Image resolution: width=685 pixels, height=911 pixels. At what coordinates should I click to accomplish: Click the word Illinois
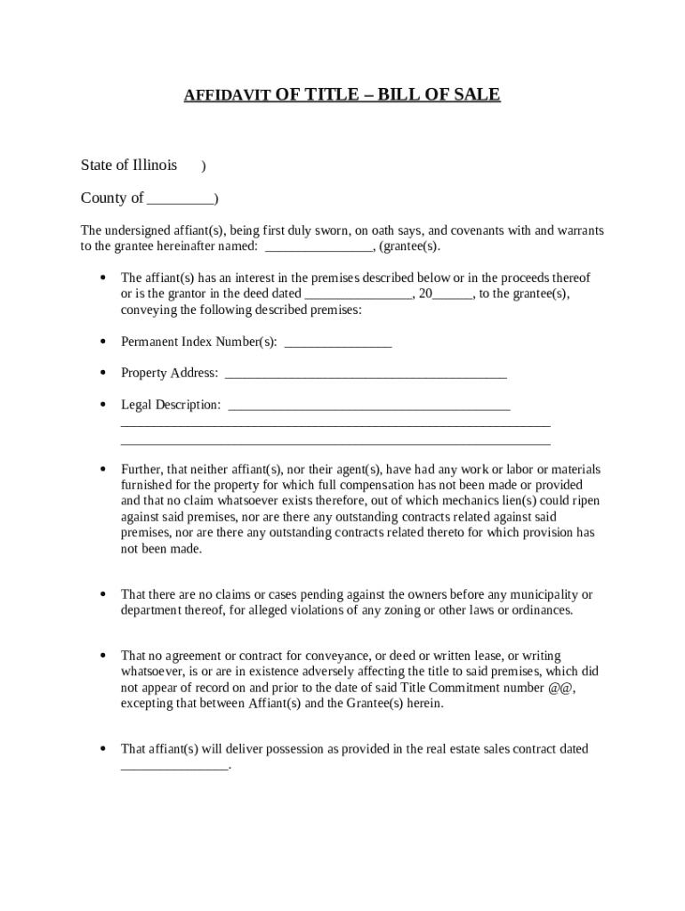tap(155, 165)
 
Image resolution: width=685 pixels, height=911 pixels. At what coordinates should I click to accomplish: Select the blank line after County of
tap(181, 199)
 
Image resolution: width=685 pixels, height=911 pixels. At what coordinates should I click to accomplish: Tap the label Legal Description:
tap(171, 405)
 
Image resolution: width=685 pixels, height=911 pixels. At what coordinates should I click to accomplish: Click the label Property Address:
tap(169, 373)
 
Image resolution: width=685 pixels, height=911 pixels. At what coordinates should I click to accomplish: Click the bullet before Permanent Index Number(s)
tap(102, 342)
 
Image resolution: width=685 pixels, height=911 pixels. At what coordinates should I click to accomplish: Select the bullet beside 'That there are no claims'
tap(102, 594)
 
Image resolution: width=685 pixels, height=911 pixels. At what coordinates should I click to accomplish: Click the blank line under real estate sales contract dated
tap(174, 766)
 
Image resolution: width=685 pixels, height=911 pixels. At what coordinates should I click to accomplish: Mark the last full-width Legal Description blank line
tap(334, 441)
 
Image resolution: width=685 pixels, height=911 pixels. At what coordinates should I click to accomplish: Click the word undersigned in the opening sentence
tap(138, 230)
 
